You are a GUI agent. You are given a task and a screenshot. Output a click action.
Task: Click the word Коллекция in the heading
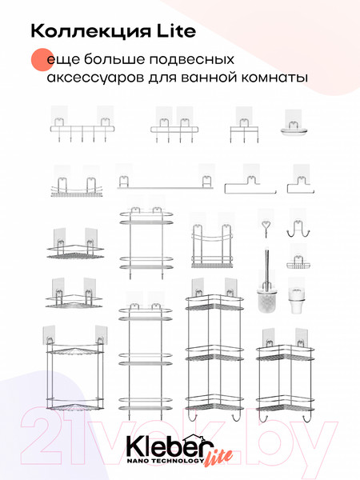click(96, 30)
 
